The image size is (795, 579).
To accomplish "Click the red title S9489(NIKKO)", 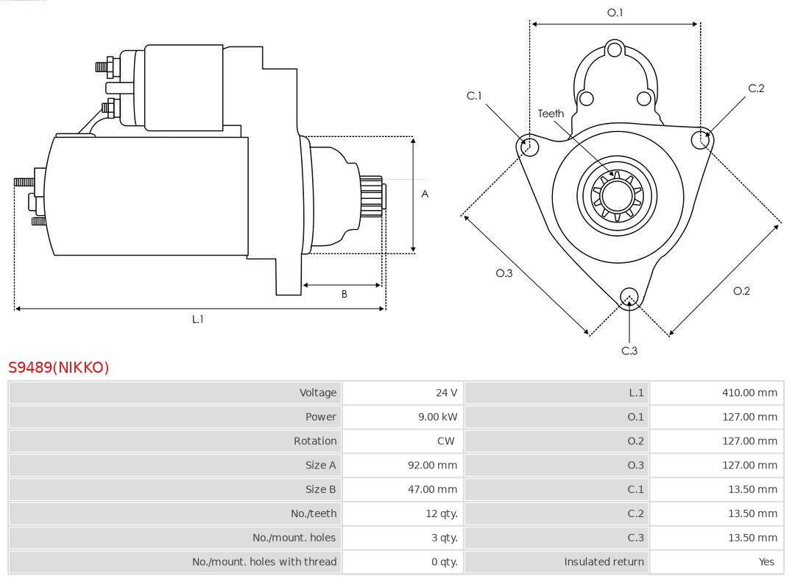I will click(x=59, y=368).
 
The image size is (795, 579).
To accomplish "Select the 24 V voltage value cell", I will click(x=446, y=393).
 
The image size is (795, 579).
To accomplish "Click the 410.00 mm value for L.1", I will click(x=749, y=393).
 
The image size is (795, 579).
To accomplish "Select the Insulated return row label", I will click(x=604, y=562).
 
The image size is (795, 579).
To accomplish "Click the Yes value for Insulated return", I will click(x=766, y=562).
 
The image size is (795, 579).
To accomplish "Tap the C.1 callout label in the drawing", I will click(x=474, y=96).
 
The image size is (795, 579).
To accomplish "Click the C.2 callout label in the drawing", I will click(x=756, y=88).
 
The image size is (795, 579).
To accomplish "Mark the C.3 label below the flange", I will click(x=629, y=351).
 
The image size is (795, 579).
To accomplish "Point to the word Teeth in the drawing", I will click(x=551, y=113).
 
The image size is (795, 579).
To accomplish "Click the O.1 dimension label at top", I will click(x=615, y=13).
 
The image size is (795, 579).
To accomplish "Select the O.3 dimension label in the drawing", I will click(x=504, y=273).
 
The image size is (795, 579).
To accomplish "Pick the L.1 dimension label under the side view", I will click(x=197, y=319).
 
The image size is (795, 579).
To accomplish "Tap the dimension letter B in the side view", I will click(x=344, y=294).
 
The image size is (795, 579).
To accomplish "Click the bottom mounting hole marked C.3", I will click(x=629, y=296).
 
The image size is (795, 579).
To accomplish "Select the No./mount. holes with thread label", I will click(x=264, y=562).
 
